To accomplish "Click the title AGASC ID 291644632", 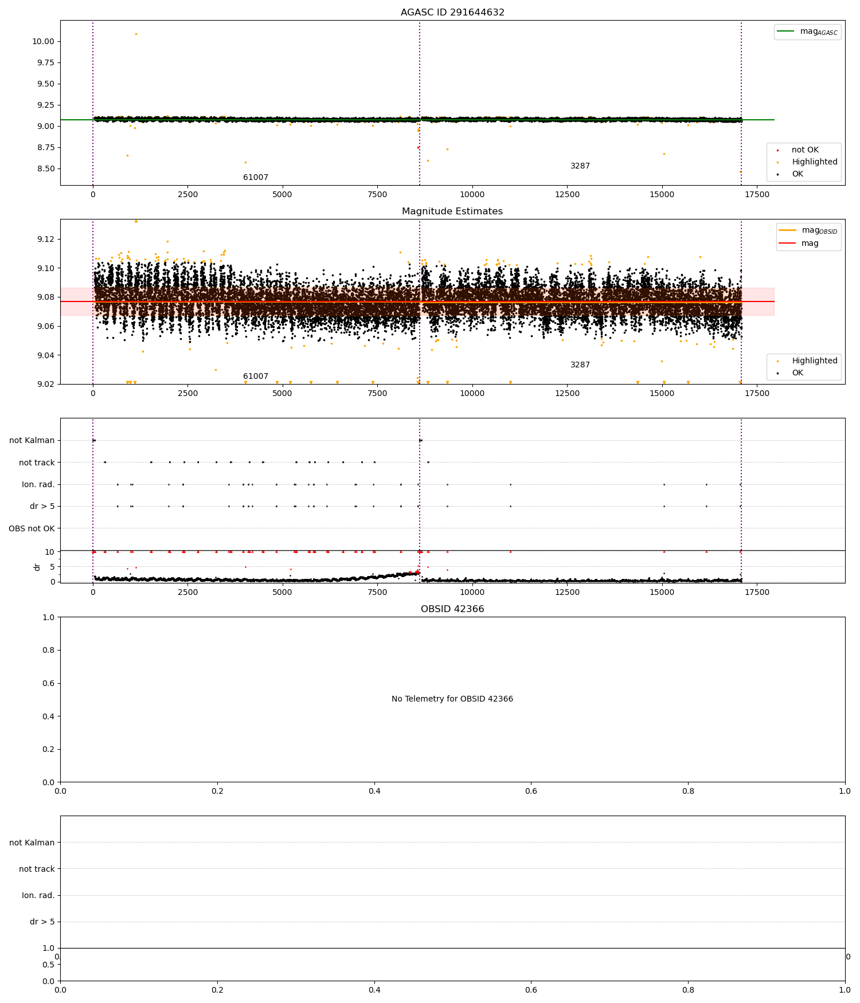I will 452,13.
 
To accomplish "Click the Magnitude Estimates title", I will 452,211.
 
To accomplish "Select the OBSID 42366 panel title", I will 452,609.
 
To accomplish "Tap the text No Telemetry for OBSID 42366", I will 452,699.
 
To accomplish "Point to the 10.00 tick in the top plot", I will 43,41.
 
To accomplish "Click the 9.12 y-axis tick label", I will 44,239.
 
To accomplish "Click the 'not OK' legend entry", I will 805,150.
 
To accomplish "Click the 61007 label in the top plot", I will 256,178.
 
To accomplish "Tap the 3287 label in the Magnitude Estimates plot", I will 580,365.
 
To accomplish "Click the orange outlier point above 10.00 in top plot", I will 136,34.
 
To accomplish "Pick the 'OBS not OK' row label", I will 32,528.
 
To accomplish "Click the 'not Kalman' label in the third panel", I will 32,441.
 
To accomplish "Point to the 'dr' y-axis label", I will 37,567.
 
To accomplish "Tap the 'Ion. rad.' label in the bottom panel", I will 38,895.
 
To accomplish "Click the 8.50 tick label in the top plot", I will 44,169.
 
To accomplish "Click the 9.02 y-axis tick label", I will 44,384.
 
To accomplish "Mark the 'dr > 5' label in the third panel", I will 42,507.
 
